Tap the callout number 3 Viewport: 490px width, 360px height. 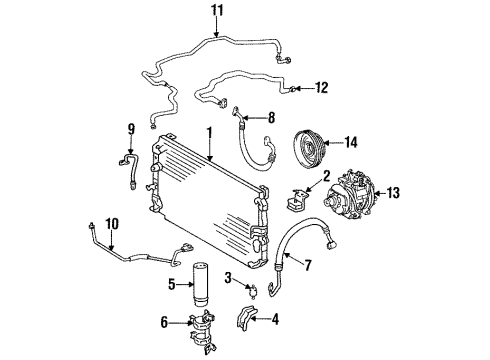click(x=228, y=277)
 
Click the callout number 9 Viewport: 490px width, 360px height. click(x=129, y=129)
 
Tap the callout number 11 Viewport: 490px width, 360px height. click(x=217, y=11)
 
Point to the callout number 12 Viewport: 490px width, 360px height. click(x=321, y=88)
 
